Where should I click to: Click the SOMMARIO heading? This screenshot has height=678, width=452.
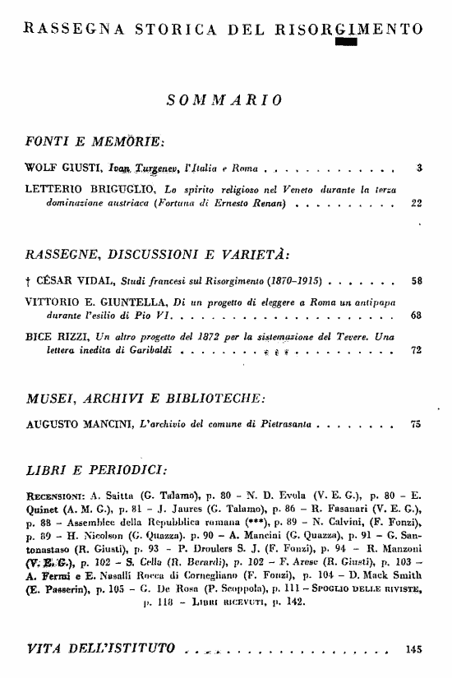pos(225,100)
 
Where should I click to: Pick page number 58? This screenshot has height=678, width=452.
pos(417,280)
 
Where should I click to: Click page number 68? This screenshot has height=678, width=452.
pos(417,315)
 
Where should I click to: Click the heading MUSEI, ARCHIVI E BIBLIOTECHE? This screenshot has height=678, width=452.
pos(145,399)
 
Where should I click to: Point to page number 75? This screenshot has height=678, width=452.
pos(416,426)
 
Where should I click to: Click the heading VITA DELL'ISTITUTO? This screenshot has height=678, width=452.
pos(101,648)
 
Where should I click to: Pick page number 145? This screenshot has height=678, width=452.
pos(414,648)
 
